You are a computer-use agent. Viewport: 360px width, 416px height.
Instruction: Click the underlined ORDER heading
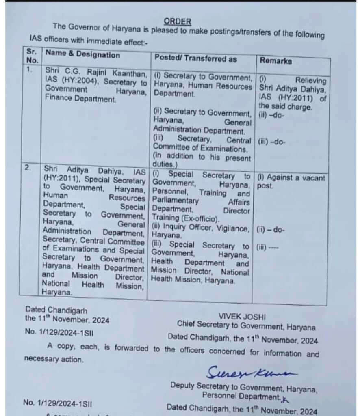tap(178, 21)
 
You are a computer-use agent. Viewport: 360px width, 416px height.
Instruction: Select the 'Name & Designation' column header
tap(83, 55)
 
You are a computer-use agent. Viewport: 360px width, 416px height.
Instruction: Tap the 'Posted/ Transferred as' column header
tap(195, 58)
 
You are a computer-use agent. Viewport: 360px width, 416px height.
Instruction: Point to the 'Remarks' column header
tap(275, 61)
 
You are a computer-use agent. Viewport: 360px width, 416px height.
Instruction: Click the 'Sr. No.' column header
tap(32, 56)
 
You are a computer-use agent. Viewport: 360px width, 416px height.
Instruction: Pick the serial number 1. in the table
tap(29, 69)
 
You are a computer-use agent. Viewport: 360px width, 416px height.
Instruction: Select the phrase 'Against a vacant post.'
tap(290, 181)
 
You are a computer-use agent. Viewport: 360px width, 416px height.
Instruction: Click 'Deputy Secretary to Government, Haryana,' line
tap(244, 386)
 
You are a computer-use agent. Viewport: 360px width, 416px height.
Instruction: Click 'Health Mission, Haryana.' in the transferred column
tap(193, 280)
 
